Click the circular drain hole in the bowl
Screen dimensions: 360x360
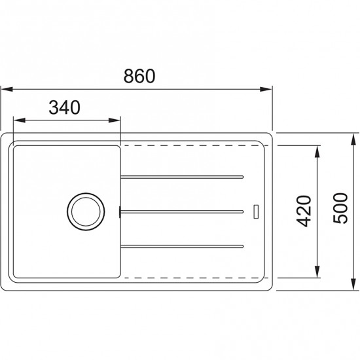[x=84, y=210]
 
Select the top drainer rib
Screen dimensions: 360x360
[x=183, y=175]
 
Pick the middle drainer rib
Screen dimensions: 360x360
[x=183, y=210]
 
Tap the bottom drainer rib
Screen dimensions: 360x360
[x=183, y=245]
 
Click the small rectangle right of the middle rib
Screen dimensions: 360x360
[x=257, y=211]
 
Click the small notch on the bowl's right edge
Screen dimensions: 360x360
[x=120, y=211]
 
